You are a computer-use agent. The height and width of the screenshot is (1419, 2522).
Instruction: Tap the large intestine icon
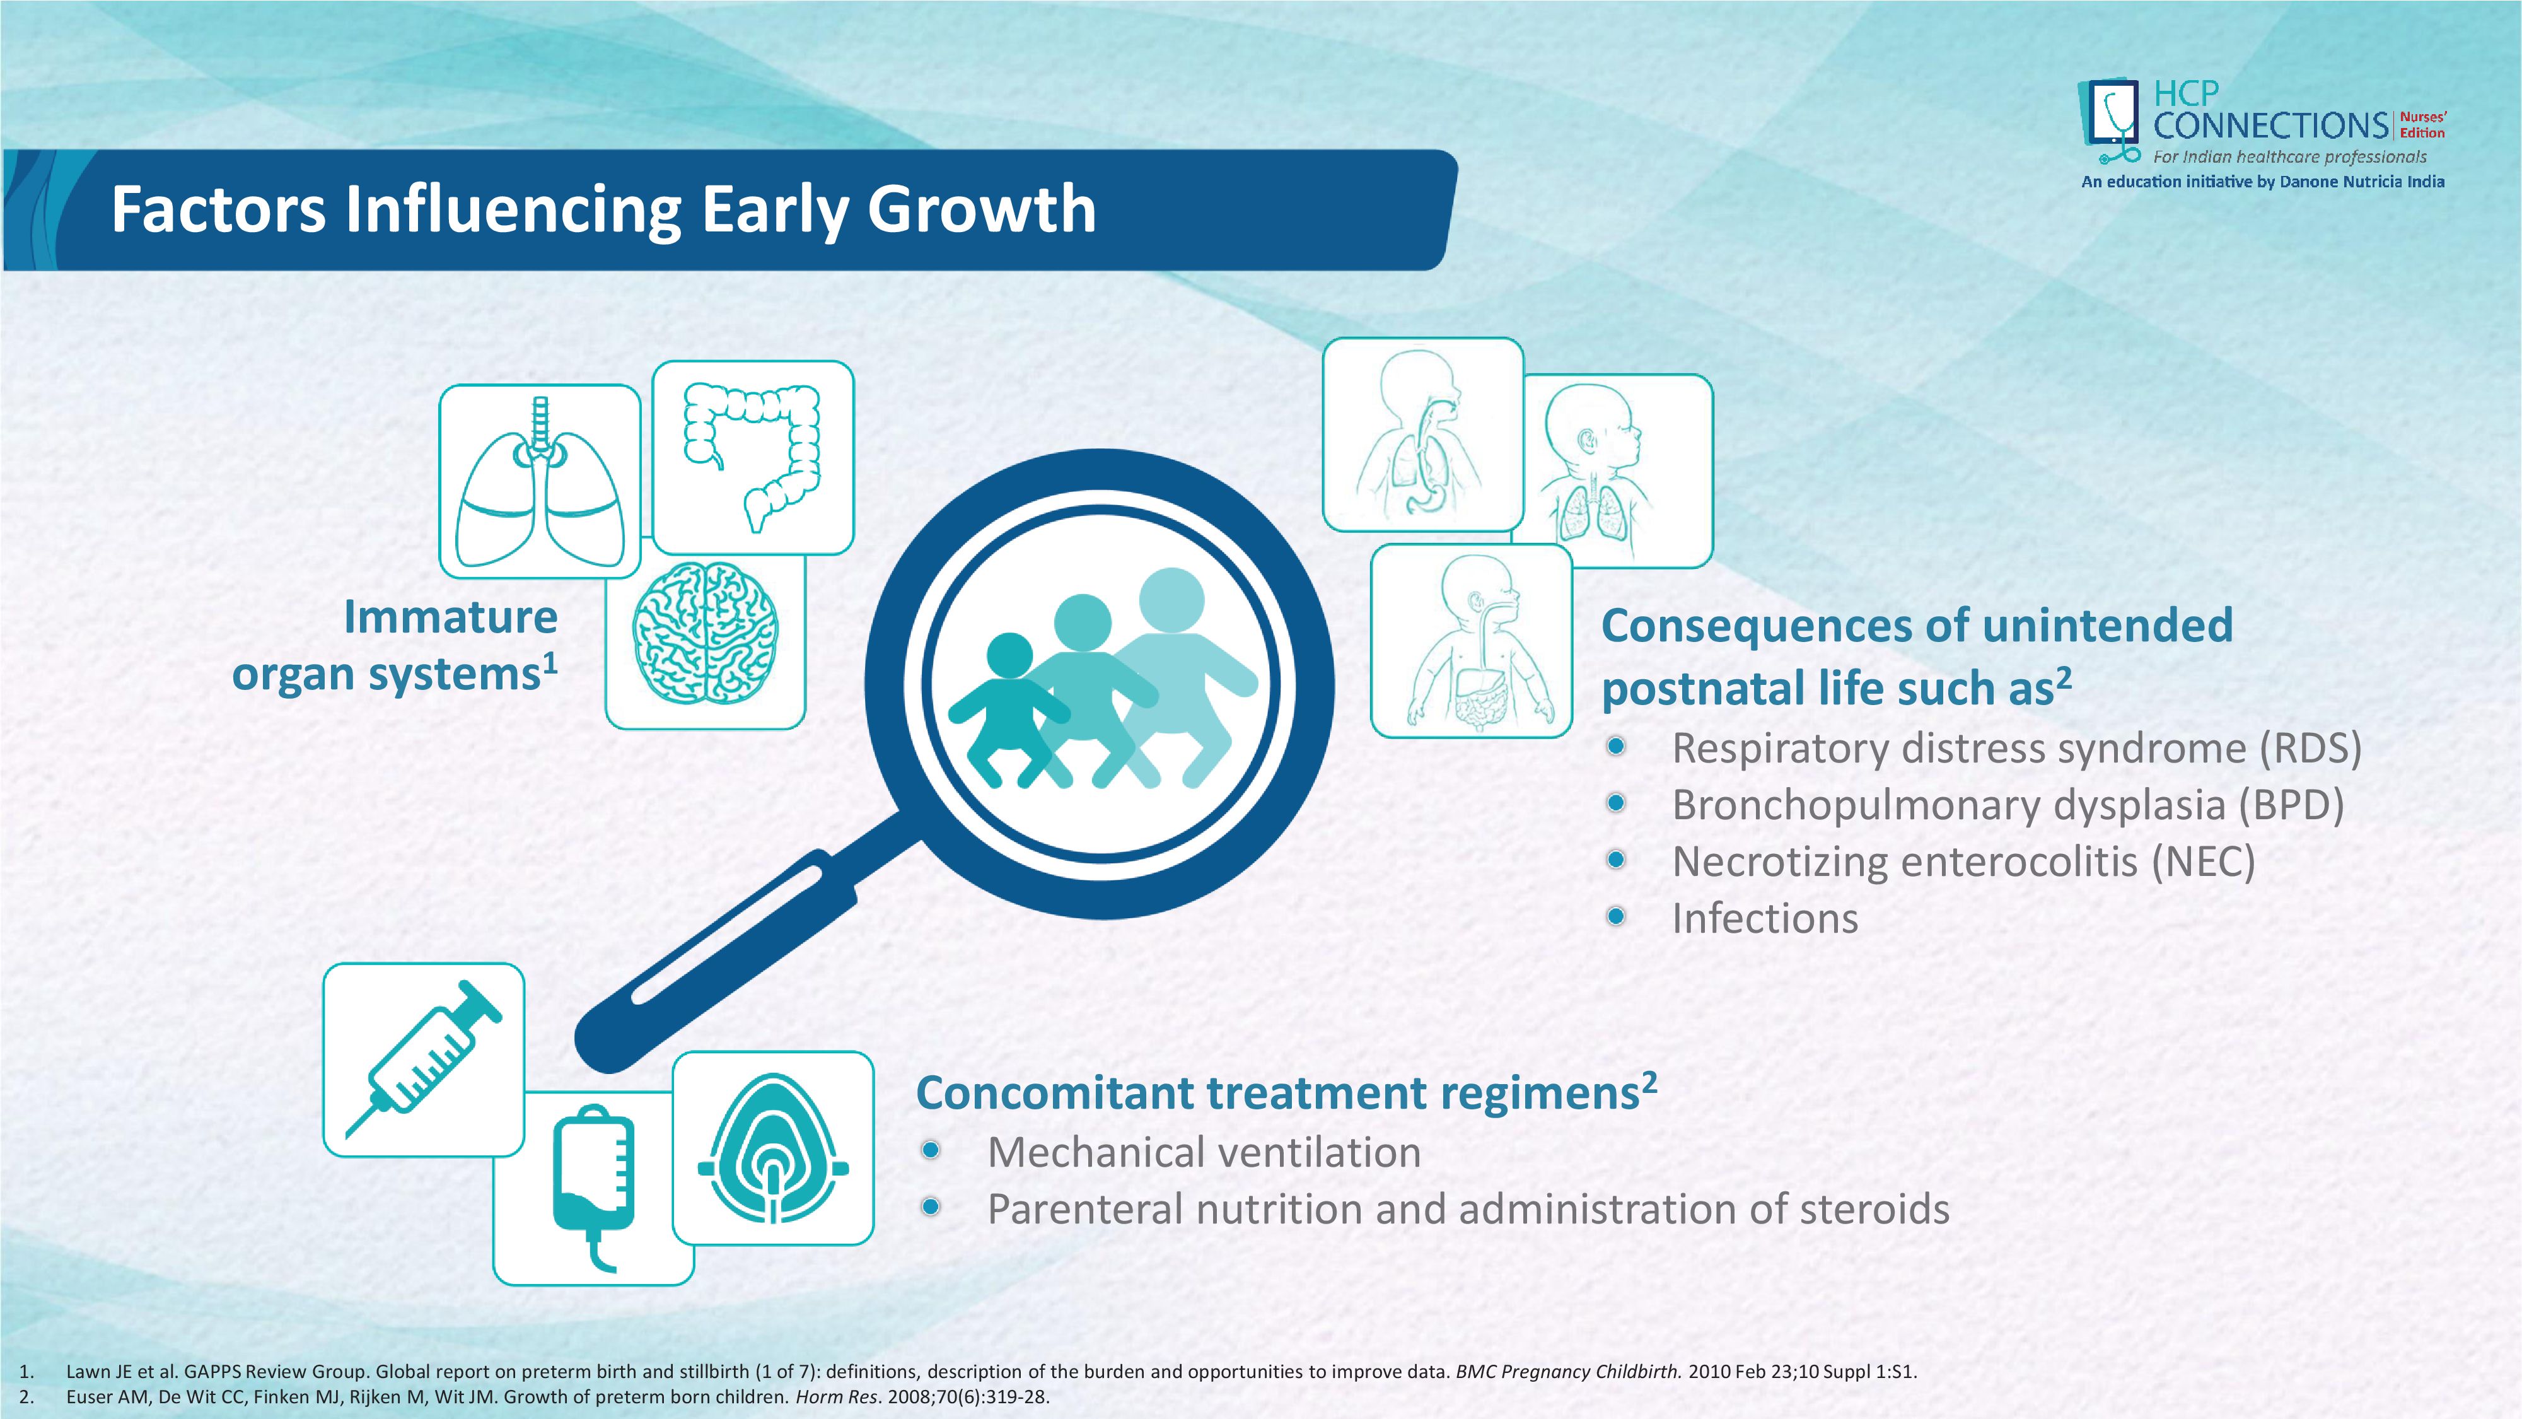point(752,455)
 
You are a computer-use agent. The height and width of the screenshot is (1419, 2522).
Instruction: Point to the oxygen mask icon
point(774,1148)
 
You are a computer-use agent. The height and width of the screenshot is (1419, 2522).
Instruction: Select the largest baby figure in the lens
point(1175,675)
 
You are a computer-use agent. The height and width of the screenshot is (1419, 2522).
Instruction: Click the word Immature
point(450,617)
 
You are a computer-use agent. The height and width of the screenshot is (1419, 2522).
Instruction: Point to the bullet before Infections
point(1617,916)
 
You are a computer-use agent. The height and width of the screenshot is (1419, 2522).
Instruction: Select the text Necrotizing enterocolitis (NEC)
point(1964,861)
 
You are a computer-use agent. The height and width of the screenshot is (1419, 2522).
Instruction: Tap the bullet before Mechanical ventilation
point(931,1150)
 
